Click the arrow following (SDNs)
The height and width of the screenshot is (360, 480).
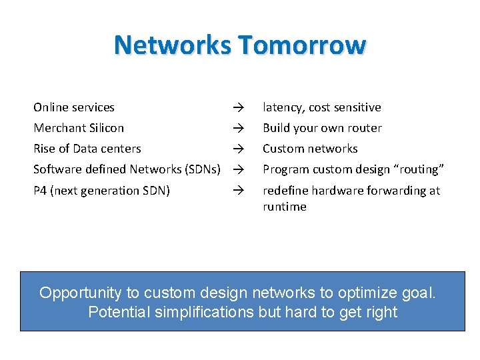[x=235, y=169]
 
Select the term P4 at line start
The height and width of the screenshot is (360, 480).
[x=40, y=191]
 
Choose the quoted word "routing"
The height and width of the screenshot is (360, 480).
[x=418, y=169]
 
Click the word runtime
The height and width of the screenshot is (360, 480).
[x=285, y=207]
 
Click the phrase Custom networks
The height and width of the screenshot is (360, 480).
[x=310, y=149]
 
